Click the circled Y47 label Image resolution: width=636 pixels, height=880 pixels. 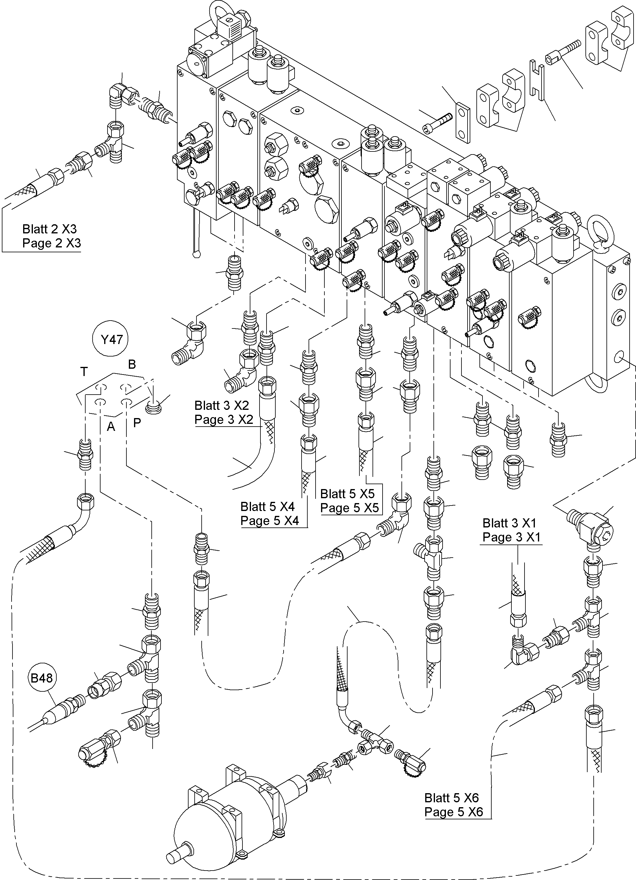[x=112, y=340]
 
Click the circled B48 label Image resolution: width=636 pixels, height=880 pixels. [x=41, y=678]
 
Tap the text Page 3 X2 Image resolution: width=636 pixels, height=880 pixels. [x=224, y=420]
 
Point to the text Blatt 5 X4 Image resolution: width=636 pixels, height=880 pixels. [x=267, y=506]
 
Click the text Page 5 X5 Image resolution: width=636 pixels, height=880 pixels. [x=349, y=508]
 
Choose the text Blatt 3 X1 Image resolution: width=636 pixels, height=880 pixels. [x=509, y=523]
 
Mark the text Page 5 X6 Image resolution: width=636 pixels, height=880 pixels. [x=453, y=812]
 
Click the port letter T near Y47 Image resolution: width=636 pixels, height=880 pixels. [x=84, y=372]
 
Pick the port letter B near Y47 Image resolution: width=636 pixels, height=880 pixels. [x=132, y=364]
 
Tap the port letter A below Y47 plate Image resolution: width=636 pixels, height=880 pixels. [x=111, y=426]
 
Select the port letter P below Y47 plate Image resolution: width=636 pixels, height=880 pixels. [x=137, y=423]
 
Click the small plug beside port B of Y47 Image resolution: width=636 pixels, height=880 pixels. [x=154, y=408]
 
